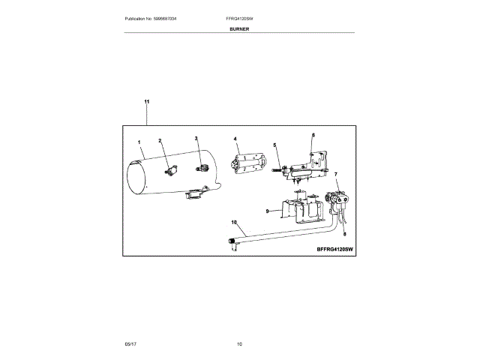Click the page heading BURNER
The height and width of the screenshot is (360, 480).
[x=240, y=28]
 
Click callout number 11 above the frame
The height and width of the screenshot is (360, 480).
[x=146, y=101]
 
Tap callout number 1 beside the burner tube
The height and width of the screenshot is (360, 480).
[x=139, y=142]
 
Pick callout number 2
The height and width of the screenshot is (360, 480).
[x=160, y=141]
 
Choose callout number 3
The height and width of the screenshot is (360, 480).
[x=196, y=139]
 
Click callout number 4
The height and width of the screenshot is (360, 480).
[x=235, y=139]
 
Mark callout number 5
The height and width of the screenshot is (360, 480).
[x=274, y=145]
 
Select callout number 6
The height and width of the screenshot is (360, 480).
[x=313, y=135]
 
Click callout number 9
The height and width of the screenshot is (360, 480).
[x=268, y=212]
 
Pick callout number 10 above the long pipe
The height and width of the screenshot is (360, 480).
[x=233, y=223]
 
